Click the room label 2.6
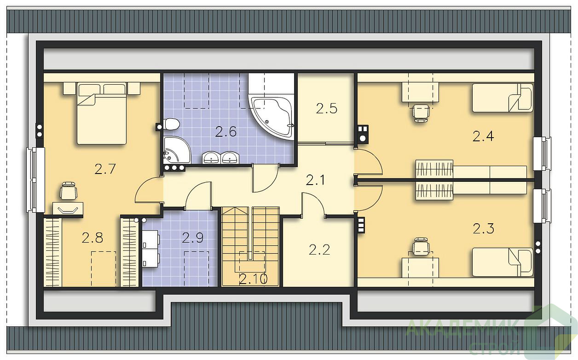[226, 132]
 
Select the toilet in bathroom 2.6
[172, 124]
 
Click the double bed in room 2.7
[102, 114]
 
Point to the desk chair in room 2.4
[421, 113]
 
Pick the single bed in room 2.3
[503, 262]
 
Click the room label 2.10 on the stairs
[253, 279]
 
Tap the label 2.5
[326, 108]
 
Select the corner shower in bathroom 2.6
[177, 150]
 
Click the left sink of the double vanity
[211, 157]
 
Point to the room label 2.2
[319, 250]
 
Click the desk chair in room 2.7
[69, 191]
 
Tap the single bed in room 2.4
[503, 98]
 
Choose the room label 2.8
[92, 238]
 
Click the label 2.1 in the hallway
[315, 180]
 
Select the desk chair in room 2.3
[421, 247]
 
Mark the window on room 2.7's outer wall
[35, 180]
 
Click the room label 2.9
[192, 238]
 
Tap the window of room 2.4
[542, 153]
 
